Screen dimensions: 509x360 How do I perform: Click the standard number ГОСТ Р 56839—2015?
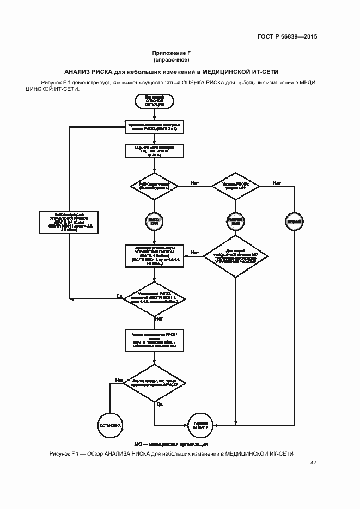[x=287, y=37]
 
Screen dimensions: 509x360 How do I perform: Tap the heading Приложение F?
[x=172, y=53]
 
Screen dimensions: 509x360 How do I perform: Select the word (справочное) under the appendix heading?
[x=172, y=60]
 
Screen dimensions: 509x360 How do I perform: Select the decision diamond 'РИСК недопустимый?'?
[x=155, y=185]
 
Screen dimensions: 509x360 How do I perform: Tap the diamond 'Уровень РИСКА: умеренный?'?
[x=236, y=185]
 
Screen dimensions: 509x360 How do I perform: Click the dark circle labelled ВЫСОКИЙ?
[x=155, y=220]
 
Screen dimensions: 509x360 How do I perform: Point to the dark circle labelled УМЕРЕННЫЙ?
[x=236, y=220]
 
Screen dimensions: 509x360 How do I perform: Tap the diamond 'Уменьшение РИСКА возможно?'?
[x=155, y=297]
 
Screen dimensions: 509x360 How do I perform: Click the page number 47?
[x=313, y=463]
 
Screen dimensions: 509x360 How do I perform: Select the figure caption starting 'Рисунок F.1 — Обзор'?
[x=171, y=453]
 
